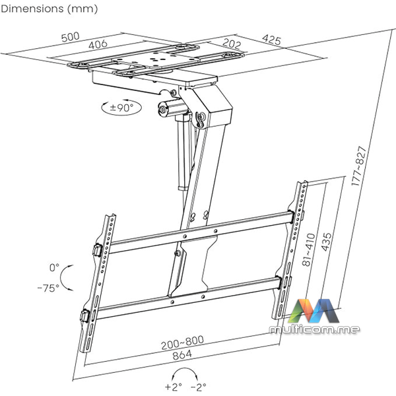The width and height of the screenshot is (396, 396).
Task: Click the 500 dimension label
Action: [71, 37]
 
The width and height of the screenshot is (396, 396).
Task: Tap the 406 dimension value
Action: [98, 45]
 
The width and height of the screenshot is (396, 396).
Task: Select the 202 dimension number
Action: [232, 44]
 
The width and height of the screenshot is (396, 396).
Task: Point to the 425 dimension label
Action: [271, 40]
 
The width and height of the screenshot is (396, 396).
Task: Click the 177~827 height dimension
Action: [358, 166]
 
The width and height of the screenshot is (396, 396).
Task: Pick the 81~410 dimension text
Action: [309, 249]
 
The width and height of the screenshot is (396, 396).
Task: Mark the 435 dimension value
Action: [326, 242]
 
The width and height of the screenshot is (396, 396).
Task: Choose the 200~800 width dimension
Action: [182, 343]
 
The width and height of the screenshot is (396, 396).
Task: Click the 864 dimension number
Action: [182, 355]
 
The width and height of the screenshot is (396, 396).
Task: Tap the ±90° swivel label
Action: [121, 108]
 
